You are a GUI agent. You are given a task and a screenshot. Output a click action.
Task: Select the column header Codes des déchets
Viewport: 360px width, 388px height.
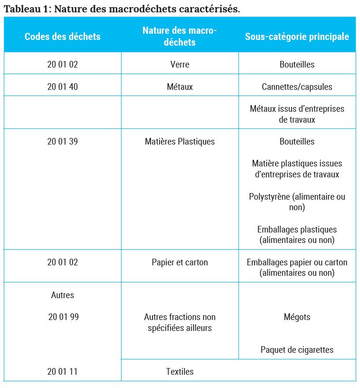62,37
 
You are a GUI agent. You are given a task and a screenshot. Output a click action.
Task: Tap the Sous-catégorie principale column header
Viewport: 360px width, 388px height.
297,37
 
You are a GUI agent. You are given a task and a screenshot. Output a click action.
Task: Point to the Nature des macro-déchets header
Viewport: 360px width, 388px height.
180,36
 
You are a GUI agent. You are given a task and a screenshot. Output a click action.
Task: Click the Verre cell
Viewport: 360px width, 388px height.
180,64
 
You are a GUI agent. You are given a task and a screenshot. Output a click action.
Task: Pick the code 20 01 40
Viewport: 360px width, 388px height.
62,87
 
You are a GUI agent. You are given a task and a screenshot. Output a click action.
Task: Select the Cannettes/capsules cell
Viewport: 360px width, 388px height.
297,87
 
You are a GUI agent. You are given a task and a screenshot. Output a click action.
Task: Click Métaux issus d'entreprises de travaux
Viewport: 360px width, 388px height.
297,114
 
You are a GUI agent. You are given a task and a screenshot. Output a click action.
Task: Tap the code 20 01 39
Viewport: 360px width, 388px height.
62,142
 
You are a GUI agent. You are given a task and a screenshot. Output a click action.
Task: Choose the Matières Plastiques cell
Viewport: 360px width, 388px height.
180,142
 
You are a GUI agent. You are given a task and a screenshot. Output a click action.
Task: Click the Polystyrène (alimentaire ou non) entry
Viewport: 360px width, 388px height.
297,202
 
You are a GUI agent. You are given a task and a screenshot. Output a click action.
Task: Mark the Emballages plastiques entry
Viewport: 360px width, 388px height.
297,235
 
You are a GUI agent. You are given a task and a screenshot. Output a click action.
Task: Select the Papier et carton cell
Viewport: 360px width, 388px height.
180,262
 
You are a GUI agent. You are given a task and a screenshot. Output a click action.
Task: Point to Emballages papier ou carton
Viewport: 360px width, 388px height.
297,268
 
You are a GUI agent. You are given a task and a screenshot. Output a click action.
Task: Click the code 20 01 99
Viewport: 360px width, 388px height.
63,317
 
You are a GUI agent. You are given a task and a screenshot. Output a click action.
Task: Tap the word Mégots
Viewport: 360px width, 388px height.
297,317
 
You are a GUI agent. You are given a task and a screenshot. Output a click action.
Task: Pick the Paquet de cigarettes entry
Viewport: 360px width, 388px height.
297,350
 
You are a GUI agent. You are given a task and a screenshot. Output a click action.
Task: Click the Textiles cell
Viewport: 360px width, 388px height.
180,371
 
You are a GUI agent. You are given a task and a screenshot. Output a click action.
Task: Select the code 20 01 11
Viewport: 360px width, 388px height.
62,371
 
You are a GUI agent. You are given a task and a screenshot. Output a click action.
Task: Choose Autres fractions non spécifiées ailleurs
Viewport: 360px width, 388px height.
180,322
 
